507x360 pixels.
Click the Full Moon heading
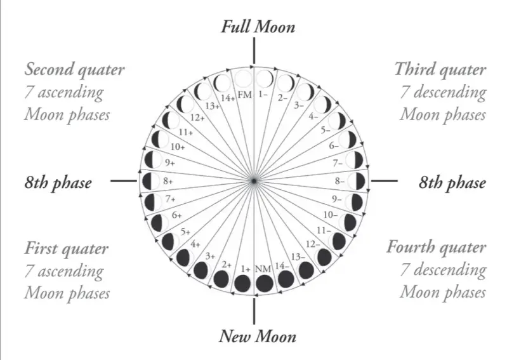pyautogui.click(x=258, y=27)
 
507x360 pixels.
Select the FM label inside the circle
pyautogui.click(x=245, y=95)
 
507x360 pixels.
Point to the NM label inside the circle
pyautogui.click(x=263, y=269)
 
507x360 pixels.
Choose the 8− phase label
pyautogui.click(x=341, y=181)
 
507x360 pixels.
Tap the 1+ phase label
pyautogui.click(x=246, y=269)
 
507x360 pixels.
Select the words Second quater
pyautogui.click(x=75, y=69)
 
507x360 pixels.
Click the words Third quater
pyautogui.click(x=440, y=69)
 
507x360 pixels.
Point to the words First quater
pyautogui.click(x=67, y=248)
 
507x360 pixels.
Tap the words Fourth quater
pyautogui.click(x=437, y=247)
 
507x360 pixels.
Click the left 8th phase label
pyautogui.click(x=58, y=183)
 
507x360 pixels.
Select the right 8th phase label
pyautogui.click(x=452, y=183)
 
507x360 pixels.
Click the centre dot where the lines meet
pyautogui.click(x=254, y=182)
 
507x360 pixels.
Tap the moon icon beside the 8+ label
pyautogui.click(x=150, y=181)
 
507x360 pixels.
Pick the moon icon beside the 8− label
pyautogui.click(x=358, y=181)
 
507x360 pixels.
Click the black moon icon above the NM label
pyautogui.click(x=263, y=283)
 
